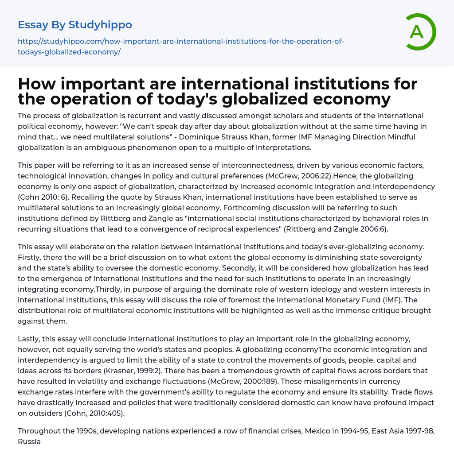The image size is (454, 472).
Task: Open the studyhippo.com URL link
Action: point(180,46)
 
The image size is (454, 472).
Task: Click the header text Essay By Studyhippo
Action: point(75,25)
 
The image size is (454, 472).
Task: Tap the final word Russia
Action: point(29,441)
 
